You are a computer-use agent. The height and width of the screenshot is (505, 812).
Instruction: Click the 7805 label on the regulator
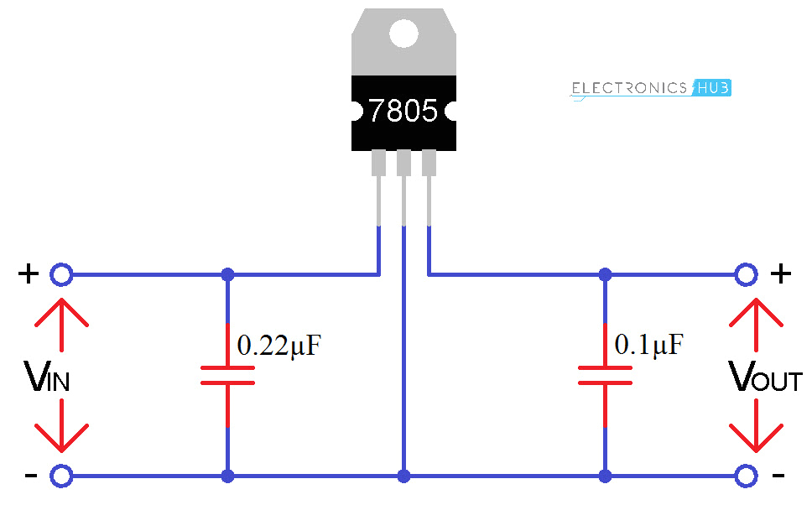click(x=403, y=112)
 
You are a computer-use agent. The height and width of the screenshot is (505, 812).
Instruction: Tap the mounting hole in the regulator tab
click(x=403, y=33)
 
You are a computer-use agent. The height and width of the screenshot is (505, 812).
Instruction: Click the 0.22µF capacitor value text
click(x=280, y=346)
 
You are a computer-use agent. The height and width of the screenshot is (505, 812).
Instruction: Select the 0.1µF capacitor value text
click(x=648, y=344)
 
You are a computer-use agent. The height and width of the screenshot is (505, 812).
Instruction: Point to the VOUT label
click(x=765, y=379)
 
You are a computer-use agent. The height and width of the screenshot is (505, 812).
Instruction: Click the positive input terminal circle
click(x=60, y=274)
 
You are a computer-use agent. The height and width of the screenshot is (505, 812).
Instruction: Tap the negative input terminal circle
click(x=60, y=476)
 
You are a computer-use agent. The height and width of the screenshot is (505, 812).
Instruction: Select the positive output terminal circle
click(x=746, y=274)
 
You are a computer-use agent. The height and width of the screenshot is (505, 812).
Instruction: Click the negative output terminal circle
click(x=746, y=476)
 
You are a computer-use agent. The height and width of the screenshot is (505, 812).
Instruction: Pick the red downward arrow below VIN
click(x=61, y=428)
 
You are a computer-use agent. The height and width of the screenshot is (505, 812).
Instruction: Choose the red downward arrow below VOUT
click(x=755, y=428)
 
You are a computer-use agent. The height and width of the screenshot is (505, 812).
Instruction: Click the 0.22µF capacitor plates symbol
click(x=227, y=376)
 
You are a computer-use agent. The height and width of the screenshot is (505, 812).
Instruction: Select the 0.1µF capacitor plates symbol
click(x=605, y=376)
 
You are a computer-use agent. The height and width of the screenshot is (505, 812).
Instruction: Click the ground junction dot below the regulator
click(x=404, y=476)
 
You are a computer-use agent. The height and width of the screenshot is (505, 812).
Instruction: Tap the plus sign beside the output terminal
click(x=780, y=273)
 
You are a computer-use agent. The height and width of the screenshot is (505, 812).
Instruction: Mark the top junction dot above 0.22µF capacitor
click(x=227, y=274)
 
